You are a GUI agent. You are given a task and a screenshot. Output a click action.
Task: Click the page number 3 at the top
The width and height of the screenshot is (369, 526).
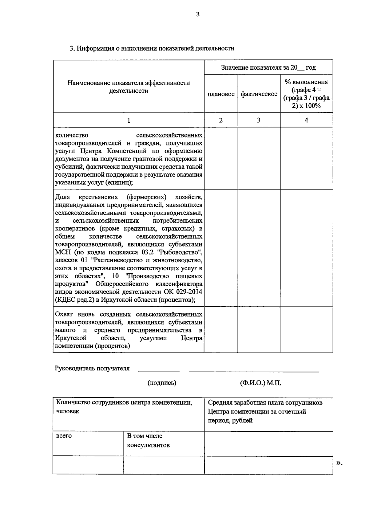[198, 14]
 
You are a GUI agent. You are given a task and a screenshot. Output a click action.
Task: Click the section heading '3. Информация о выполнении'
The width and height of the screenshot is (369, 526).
[152, 48]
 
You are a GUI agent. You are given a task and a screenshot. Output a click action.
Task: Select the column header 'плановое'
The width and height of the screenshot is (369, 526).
[221, 94]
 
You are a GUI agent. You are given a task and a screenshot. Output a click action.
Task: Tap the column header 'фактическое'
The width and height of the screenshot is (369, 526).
[259, 94]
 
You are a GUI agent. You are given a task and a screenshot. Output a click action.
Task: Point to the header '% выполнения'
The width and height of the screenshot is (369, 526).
[306, 82]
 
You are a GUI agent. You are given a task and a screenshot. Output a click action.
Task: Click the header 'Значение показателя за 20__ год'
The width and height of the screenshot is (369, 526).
[268, 67]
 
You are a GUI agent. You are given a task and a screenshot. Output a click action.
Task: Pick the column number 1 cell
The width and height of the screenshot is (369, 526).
[129, 120]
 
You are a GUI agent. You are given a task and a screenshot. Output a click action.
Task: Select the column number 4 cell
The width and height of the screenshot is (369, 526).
[306, 120]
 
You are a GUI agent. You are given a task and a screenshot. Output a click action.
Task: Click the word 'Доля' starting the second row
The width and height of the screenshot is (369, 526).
[62, 197]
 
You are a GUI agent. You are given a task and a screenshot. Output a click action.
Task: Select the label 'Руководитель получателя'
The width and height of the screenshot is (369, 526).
[92, 368]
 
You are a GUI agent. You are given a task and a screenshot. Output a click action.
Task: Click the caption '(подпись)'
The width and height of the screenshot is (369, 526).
[162, 383]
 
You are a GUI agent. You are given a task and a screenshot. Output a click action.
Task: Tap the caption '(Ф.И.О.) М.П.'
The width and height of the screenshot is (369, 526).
[260, 383]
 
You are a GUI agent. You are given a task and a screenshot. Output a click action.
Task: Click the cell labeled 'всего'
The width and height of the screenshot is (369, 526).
[64, 436]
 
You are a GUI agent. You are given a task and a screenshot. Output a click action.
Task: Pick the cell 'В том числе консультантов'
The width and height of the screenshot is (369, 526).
[148, 441]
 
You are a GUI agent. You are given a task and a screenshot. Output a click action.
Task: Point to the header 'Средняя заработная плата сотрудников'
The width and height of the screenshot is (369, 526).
[265, 403]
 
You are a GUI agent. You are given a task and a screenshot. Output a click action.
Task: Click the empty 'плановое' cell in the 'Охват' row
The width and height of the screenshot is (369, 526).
[221, 330]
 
